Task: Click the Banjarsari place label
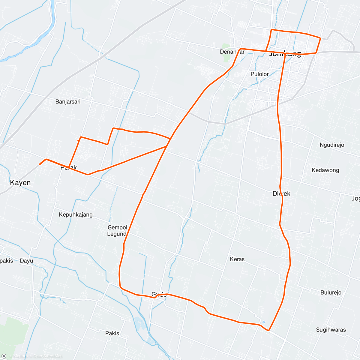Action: click(68, 102)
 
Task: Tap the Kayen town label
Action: click(20, 183)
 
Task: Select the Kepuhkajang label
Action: click(76, 215)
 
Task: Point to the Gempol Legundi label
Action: click(117, 231)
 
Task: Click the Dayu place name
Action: click(26, 261)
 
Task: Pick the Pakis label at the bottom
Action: click(112, 333)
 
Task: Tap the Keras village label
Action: click(237, 259)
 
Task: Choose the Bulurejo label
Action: click(331, 292)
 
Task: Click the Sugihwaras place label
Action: click(331, 330)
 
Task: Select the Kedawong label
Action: click(325, 170)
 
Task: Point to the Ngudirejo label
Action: click(331, 145)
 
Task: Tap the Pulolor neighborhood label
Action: click(259, 74)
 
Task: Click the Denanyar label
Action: click(232, 52)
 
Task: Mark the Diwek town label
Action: click(281, 193)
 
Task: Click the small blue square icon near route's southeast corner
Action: click(263, 322)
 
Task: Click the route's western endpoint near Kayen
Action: click(40, 164)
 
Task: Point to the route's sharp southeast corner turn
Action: click(269, 330)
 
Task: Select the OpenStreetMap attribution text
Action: click(48, 356)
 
